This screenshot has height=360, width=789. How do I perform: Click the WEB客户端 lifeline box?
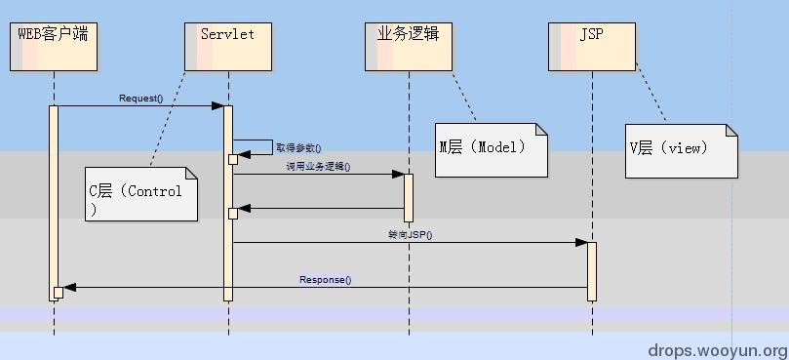[x=54, y=46]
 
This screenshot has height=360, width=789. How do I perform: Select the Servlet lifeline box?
[x=227, y=46]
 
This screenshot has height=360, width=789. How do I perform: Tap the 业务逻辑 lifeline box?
[x=409, y=46]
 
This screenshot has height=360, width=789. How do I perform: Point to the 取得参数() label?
[x=297, y=147]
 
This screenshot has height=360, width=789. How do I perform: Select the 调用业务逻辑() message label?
[x=318, y=167]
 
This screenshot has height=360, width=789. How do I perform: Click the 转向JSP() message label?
[x=410, y=234]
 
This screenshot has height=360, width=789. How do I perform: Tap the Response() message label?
[x=325, y=280]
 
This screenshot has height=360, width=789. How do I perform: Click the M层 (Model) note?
[x=491, y=149]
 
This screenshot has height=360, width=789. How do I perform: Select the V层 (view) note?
[x=681, y=150]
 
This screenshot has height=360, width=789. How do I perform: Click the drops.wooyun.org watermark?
[x=718, y=349]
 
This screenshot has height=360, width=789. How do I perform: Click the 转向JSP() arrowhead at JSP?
[x=582, y=242]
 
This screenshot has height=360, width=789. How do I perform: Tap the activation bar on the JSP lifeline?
[x=591, y=271]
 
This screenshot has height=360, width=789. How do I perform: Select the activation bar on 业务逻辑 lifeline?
[x=409, y=198]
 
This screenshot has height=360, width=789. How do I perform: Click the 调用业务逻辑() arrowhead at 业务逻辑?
[x=399, y=175]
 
